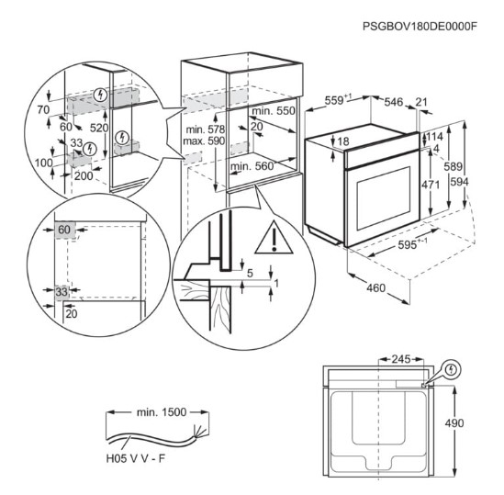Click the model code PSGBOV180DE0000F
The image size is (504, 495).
tap(420, 26)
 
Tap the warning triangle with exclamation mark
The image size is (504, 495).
tap(274, 237)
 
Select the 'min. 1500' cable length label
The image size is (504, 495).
tap(162, 412)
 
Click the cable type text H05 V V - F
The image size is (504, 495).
tap(135, 458)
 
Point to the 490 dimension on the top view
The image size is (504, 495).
tap(454, 423)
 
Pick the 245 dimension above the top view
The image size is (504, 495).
tap(401, 359)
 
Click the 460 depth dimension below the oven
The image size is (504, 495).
tap(375, 287)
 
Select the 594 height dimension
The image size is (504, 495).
tap(459, 182)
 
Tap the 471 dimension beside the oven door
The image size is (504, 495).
tap(431, 185)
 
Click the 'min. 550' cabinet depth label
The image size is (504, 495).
tap(274, 111)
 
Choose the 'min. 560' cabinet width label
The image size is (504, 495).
tap(252, 166)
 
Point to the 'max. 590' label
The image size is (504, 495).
tap(204, 141)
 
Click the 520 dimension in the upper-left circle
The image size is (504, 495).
tap(99, 128)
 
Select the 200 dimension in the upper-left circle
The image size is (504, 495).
tap(84, 176)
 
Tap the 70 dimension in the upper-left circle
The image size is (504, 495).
tap(43, 109)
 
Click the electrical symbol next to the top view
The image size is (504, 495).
tap(452, 369)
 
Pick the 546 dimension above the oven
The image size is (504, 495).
tap(394, 102)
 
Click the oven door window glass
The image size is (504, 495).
tap(384, 198)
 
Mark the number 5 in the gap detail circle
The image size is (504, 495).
tap(250, 274)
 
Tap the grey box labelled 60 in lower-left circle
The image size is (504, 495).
tap(65, 230)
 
